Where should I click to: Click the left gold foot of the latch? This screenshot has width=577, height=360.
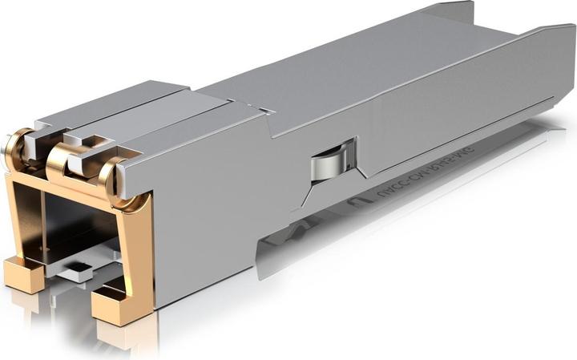pyautogui.click(x=24, y=274)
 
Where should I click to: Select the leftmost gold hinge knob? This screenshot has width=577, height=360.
pyautogui.click(x=14, y=147)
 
